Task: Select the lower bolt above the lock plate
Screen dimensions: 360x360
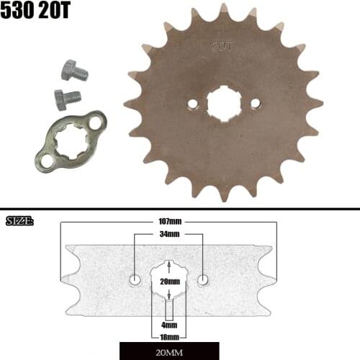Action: (x=67, y=96)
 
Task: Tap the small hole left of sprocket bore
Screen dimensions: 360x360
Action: (x=192, y=104)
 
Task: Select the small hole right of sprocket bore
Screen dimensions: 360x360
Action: (x=253, y=104)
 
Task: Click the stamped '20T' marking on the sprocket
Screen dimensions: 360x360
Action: (x=221, y=46)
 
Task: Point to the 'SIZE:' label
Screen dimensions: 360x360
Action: (x=19, y=220)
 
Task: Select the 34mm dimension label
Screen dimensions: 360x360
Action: (x=169, y=235)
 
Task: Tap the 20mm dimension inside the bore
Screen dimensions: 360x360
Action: (x=170, y=281)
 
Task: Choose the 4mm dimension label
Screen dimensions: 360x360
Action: (x=169, y=325)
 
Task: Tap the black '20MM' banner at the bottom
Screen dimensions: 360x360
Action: (x=170, y=352)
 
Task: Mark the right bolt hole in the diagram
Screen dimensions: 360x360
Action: (x=204, y=279)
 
